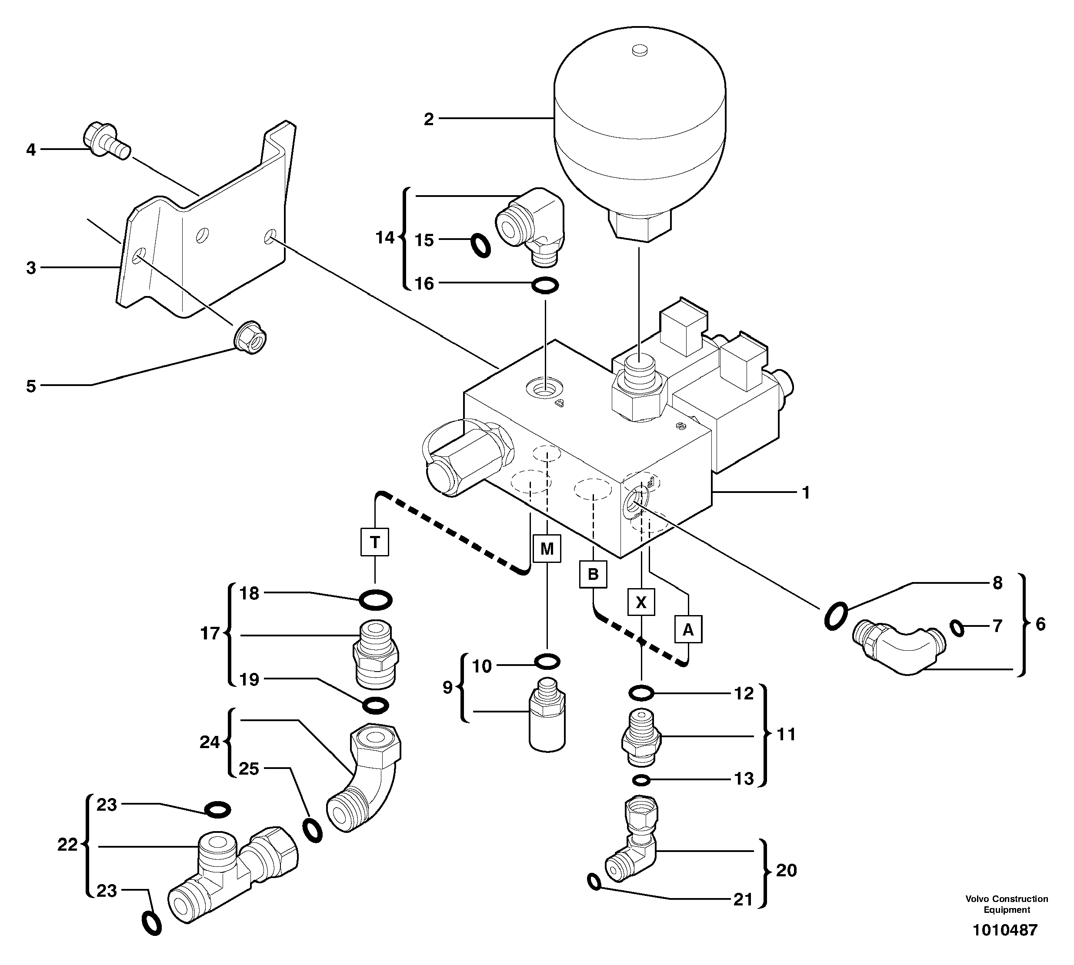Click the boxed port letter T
[374, 542]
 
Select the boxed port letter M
[547, 548]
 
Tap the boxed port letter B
[593, 574]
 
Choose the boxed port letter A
[688, 629]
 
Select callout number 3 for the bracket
[31, 268]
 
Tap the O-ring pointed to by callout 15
[481, 246]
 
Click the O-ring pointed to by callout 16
[545, 286]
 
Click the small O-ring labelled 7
[957, 628]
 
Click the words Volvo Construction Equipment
[1006, 904]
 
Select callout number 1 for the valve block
[806, 493]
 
